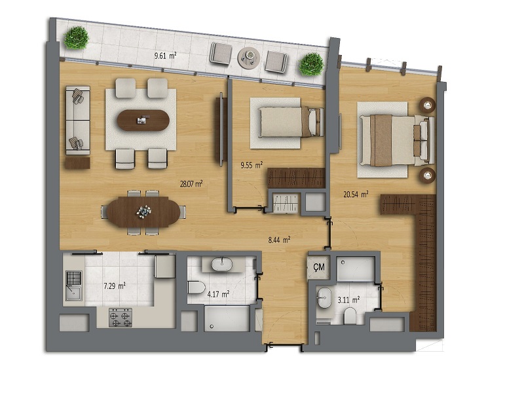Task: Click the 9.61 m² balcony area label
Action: (x=165, y=56)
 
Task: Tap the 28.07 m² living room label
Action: (x=191, y=183)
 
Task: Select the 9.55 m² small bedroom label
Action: (x=252, y=165)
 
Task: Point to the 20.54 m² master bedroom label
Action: (x=356, y=194)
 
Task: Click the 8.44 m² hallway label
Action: (x=279, y=239)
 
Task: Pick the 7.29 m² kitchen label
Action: (x=115, y=286)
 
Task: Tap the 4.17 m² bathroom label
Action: (x=218, y=294)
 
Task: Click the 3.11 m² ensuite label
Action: (x=348, y=300)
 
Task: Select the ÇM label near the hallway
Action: (x=319, y=267)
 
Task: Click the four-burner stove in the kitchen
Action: (x=121, y=318)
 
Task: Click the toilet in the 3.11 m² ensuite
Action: (x=350, y=316)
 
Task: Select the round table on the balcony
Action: (x=249, y=58)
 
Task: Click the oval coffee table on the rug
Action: (x=143, y=121)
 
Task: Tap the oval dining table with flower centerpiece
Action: (x=143, y=212)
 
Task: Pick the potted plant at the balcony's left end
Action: (x=77, y=37)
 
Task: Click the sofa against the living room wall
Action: (x=78, y=121)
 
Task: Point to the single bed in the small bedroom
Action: (x=291, y=122)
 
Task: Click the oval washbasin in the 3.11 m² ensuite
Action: (x=324, y=297)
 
